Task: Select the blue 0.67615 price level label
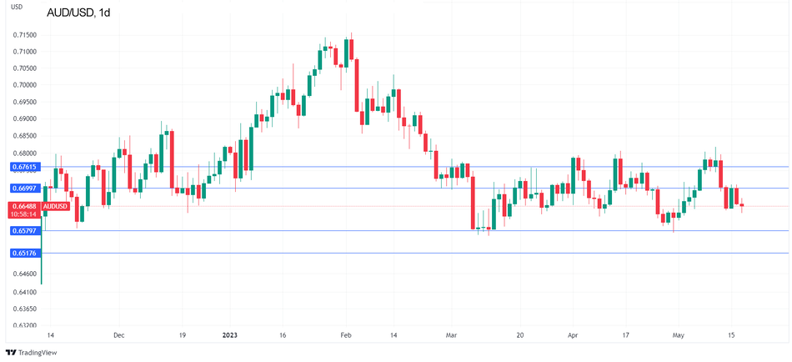[23, 167]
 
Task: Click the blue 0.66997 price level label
[23, 189]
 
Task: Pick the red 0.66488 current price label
[23, 205]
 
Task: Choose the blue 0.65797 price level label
[23, 230]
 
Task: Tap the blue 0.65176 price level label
[23, 253]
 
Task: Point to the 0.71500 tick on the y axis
[24, 35]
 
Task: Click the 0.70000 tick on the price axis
[24, 85]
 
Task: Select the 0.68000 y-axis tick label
[24, 153]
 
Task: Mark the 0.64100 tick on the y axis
[24, 292]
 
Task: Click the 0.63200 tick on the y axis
[24, 325]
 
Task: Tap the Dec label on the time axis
[118, 335]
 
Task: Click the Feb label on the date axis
[346, 335]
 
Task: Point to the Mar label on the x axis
[452, 335]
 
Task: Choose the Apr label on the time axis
[572, 335]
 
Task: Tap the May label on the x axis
[678, 335]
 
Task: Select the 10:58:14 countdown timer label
[23, 214]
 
